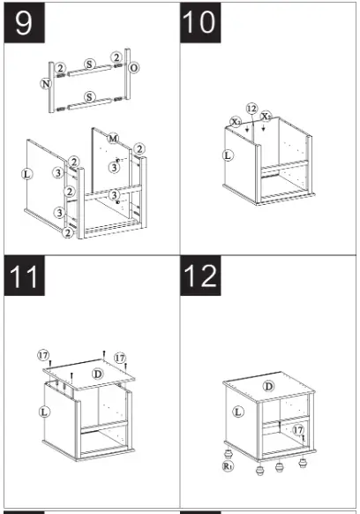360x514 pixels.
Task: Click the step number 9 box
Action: [24, 22]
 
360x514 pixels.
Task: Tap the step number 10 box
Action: [200, 22]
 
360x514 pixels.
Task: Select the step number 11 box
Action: [24, 276]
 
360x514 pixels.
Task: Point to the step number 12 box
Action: [200, 276]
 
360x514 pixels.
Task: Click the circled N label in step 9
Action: [46, 84]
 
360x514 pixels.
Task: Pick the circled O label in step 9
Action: [133, 68]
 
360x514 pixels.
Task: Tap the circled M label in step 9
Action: [113, 139]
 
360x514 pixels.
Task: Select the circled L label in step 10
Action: [228, 155]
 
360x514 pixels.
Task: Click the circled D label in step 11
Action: [98, 374]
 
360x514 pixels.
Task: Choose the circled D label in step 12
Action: [268, 386]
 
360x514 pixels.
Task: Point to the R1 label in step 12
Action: [228, 465]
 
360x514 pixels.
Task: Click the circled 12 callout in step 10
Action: [251, 109]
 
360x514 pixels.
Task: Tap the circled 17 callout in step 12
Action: [298, 430]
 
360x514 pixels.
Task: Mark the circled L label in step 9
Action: [26, 174]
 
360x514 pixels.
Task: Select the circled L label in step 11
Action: [44, 412]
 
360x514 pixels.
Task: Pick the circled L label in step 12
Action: [238, 412]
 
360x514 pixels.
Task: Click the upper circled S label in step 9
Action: [89, 64]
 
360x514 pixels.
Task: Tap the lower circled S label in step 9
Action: [89, 97]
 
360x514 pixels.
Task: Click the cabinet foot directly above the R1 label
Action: [228, 454]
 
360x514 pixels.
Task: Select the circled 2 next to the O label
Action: [116, 57]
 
